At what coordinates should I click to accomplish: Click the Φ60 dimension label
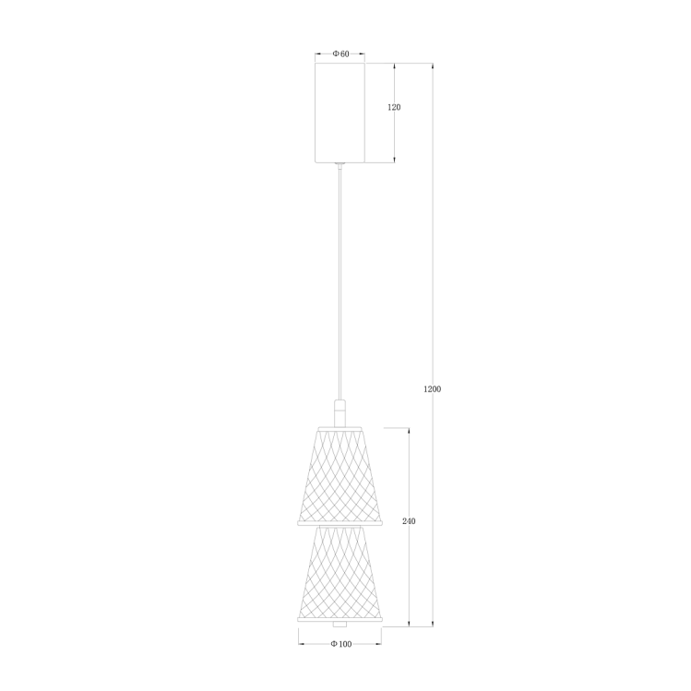click(x=340, y=54)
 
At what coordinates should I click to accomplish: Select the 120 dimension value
click(x=394, y=107)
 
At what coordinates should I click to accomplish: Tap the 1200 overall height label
click(x=432, y=389)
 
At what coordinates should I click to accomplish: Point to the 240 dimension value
click(x=409, y=521)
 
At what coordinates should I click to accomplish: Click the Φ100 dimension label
click(x=341, y=644)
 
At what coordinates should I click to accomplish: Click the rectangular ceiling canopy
click(x=340, y=113)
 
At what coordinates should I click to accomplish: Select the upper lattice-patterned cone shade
click(x=340, y=475)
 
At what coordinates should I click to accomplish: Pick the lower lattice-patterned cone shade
click(x=340, y=574)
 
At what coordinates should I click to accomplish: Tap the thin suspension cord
click(x=340, y=283)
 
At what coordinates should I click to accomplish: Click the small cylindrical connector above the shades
click(x=340, y=413)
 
